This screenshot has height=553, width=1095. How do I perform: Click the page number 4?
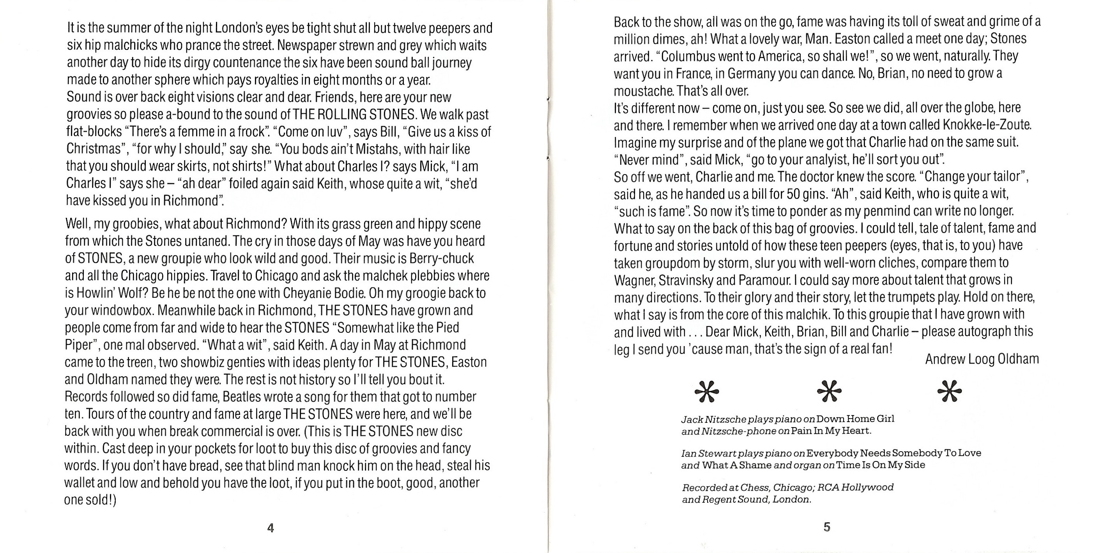pos(271,528)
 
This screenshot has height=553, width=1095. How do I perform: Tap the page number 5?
pos(827,527)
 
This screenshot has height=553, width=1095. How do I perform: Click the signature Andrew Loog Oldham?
pos(982,360)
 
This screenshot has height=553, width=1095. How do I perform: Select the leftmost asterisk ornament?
pos(706,391)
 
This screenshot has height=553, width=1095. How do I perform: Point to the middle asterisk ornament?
pos(829,391)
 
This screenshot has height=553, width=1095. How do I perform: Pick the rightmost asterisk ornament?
pos(949,391)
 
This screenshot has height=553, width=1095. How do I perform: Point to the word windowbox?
pos(109,311)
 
